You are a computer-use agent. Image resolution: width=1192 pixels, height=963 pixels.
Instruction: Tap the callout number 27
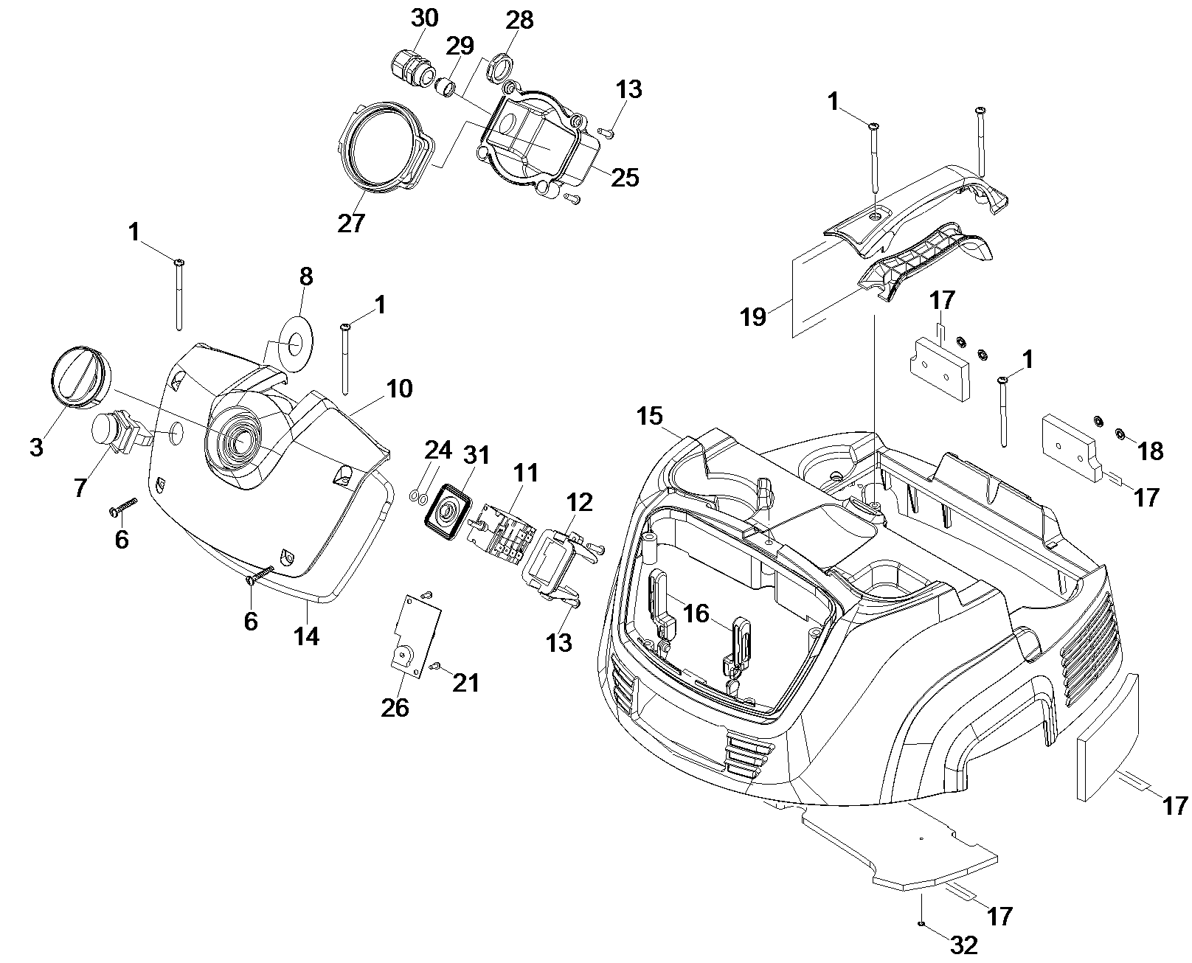[351, 222]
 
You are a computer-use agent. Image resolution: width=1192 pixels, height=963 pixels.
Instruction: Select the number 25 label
[625, 178]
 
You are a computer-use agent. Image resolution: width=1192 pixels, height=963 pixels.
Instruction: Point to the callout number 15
[649, 416]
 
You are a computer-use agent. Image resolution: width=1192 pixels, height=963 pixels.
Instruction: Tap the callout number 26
[395, 707]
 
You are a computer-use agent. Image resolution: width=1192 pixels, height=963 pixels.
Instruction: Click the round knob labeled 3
[75, 376]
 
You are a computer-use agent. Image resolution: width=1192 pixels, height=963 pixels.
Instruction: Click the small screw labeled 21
[434, 666]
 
